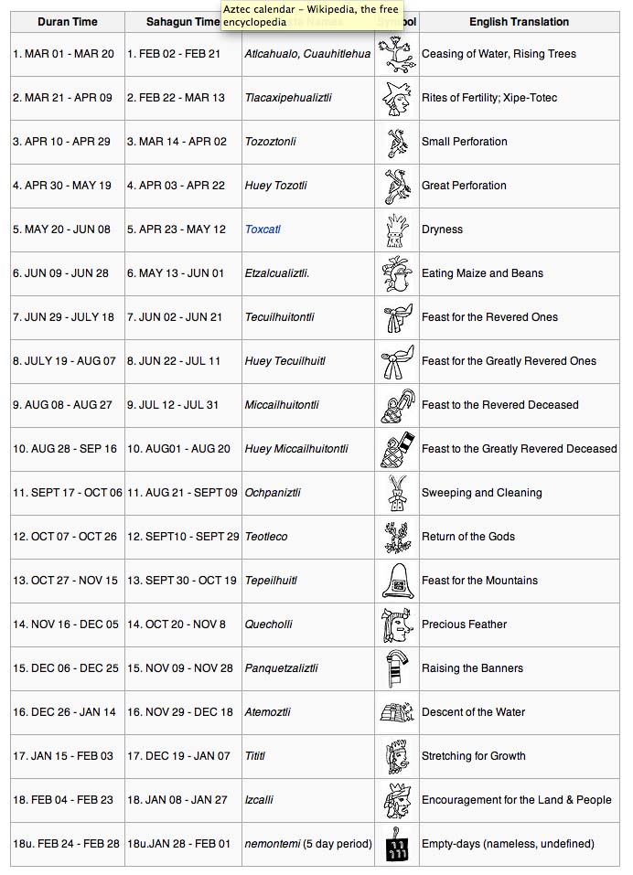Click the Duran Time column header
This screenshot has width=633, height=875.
pos(67,21)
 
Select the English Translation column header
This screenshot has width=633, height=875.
pos(519,21)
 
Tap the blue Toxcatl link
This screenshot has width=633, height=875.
pos(263,229)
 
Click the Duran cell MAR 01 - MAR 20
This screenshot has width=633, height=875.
pos(63,54)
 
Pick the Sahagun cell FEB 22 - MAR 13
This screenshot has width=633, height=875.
pos(176,98)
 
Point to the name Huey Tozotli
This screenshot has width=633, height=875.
pos(273,186)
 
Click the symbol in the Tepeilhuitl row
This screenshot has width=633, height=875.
pos(397,581)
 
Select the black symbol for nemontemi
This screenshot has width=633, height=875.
pos(397,844)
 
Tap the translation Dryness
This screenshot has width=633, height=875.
pos(442,229)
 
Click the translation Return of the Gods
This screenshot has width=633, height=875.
pos(467,537)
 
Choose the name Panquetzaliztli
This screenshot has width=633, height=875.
pos(281,668)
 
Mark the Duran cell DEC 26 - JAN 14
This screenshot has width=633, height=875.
pos(64,712)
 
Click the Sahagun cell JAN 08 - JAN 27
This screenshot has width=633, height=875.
pos(177,800)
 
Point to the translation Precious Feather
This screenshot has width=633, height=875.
pos(464,624)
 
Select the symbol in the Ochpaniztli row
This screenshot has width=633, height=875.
pos(397,493)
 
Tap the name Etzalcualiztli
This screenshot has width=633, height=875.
pos(276,273)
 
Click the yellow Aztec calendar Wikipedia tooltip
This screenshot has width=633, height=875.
pos(312,15)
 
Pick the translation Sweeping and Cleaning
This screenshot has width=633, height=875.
pos(481,493)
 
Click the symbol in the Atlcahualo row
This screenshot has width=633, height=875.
pos(397,54)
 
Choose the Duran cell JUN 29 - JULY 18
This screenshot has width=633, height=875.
pos(63,317)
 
